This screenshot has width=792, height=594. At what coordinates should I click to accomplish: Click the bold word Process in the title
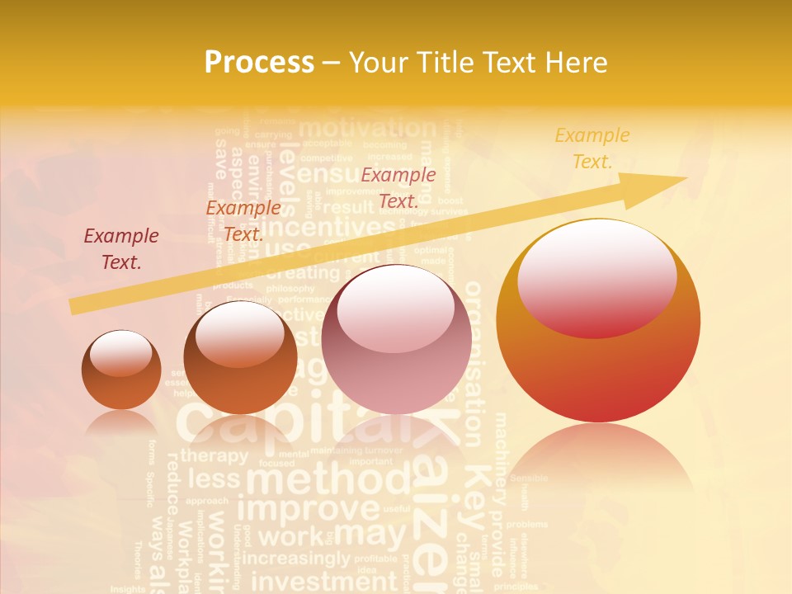(259, 62)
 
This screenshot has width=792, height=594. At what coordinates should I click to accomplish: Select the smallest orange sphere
(121, 370)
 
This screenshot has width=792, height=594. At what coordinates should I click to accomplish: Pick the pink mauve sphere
(396, 339)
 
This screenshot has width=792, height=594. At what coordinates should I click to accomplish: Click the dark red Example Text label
(121, 248)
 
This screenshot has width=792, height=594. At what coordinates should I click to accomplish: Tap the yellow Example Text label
(592, 148)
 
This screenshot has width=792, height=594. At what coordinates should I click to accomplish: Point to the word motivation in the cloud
(366, 128)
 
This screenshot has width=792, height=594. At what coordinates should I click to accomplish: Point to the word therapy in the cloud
(214, 455)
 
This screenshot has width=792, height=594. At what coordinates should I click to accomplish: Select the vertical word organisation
(474, 363)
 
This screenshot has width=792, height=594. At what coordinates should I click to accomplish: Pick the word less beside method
(214, 479)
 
